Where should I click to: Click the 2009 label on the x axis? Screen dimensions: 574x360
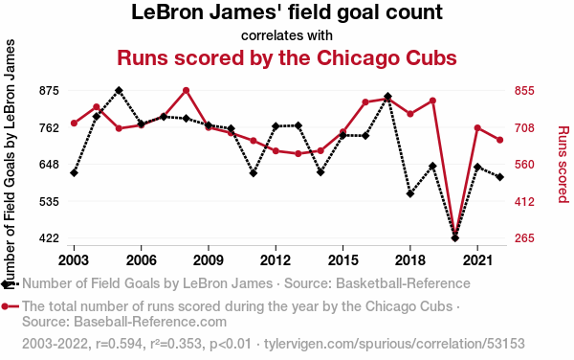tap(209, 260)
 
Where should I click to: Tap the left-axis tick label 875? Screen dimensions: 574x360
tap(49, 90)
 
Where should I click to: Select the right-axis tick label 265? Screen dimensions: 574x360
tap(524, 238)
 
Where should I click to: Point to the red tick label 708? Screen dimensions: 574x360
tap(524, 128)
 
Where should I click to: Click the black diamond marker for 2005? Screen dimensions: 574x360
tap(119, 90)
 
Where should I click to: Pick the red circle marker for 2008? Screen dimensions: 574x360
tap(186, 90)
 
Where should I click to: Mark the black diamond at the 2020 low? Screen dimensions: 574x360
tap(455, 238)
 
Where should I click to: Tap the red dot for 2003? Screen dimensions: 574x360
tap(74, 124)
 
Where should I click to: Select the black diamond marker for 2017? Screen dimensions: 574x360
tap(387, 97)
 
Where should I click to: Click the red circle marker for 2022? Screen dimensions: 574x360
tap(499, 140)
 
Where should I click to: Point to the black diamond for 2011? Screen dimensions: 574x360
tap(254, 173)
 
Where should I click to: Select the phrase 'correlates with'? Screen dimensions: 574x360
tap(287, 35)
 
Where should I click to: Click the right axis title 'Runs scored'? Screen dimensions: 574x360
tap(563, 164)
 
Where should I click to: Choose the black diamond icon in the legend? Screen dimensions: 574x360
tap(6, 283)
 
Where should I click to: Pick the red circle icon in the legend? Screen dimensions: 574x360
tap(5, 306)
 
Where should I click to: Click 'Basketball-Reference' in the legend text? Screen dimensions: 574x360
tap(403, 283)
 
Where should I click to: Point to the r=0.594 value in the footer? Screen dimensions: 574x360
tap(119, 344)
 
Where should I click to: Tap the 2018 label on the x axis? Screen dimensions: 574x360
tap(410, 260)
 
